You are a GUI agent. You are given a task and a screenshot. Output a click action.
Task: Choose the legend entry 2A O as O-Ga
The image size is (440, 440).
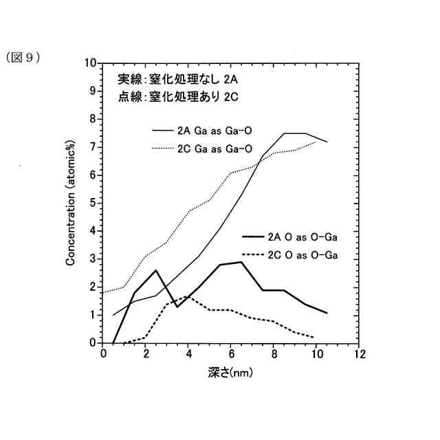[302, 237]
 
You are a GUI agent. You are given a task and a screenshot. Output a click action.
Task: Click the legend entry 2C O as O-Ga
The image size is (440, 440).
[302, 255]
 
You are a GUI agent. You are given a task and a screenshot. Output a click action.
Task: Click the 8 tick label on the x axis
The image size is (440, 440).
[274, 354]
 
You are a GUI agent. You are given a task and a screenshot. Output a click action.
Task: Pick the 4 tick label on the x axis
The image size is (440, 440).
[188, 354]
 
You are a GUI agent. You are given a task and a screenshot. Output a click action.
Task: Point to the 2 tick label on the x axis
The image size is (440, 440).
[146, 354]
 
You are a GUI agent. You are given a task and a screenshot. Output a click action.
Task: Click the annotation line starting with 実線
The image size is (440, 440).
[177, 78]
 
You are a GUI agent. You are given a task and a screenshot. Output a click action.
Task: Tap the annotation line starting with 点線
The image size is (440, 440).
[177, 96]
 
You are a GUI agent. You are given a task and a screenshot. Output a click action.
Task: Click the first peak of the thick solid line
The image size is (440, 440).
[156, 270]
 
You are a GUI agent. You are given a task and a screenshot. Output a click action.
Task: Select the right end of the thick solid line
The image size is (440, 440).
[327, 313]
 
